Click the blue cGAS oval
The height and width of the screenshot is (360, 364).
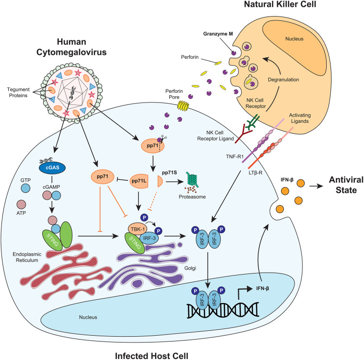click(52, 168)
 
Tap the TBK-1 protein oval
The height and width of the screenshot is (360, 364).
click(138, 229)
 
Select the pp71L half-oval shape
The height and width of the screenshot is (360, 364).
click(139, 181)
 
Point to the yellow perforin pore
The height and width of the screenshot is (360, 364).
click(183, 105)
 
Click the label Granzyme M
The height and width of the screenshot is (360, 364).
click(218, 34)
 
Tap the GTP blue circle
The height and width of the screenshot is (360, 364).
click(26, 188)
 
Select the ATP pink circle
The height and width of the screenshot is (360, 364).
click(21, 205)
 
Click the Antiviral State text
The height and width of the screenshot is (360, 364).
click(346, 185)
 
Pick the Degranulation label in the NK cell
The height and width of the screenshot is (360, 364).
click(283, 80)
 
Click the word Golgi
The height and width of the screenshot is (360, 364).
click(190, 268)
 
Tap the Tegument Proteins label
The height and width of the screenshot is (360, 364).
click(18, 92)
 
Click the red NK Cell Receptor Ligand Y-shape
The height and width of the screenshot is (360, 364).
click(244, 133)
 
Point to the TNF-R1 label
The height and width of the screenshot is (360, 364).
click(235, 156)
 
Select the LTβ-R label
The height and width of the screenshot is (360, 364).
click(255, 173)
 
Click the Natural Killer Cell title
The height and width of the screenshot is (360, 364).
click(280, 4)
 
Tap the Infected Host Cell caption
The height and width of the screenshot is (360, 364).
click(151, 356)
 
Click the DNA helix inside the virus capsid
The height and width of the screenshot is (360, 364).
click(73, 92)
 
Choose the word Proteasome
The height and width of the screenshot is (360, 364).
click(192, 197)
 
